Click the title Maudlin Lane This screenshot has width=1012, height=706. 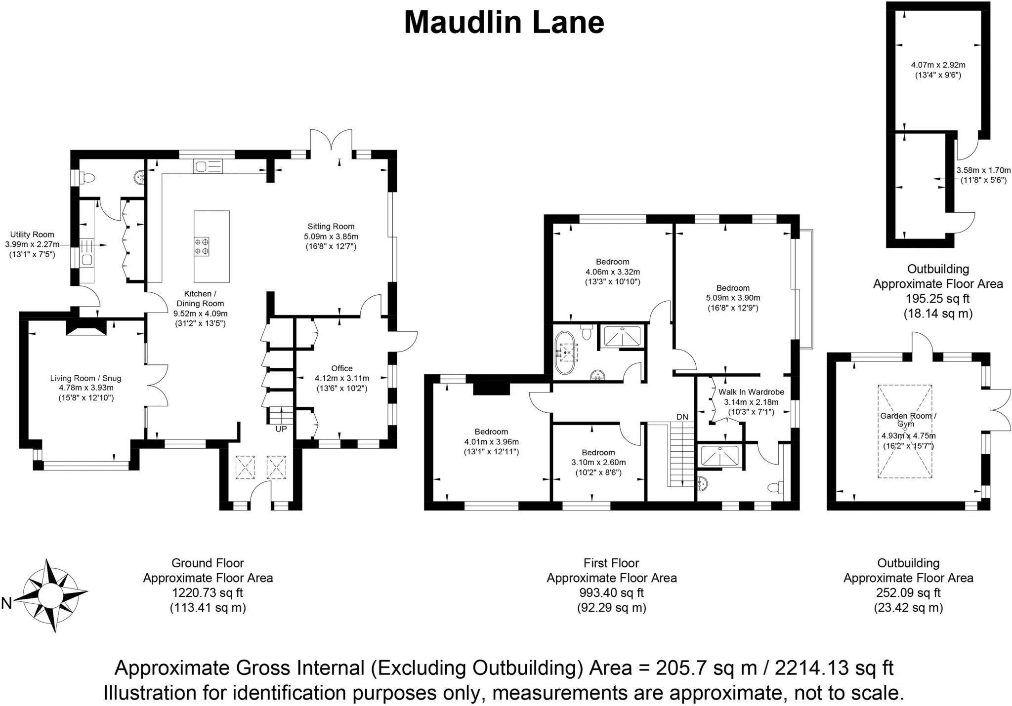[504, 23]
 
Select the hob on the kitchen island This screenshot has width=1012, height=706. [202, 246]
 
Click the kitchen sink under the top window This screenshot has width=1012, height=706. [201, 167]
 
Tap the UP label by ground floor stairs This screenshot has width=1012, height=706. [281, 429]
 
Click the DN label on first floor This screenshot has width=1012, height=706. [682, 417]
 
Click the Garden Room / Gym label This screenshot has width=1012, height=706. [908, 420]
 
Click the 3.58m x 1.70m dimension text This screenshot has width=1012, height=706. [983, 170]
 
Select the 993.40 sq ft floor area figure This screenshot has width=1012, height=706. [611, 592]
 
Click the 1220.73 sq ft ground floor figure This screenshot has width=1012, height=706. [208, 592]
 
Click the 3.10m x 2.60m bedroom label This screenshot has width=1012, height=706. [598, 462]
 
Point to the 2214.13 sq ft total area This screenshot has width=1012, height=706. [834, 668]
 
